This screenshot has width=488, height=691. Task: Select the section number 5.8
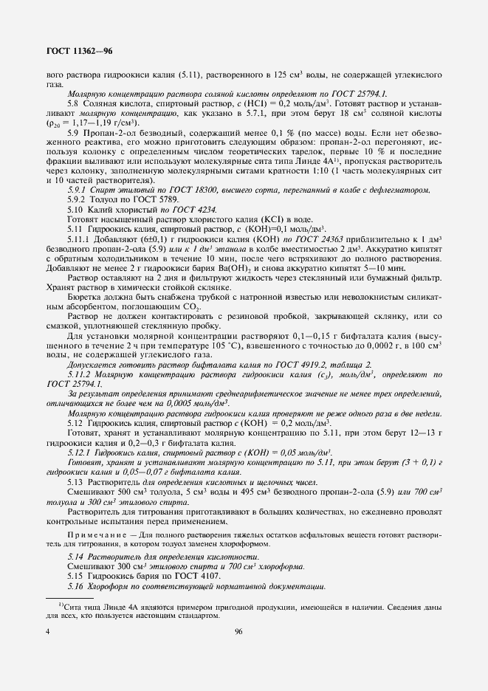pyautogui.click(x=74, y=105)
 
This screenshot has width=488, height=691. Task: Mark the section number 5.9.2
pyautogui.click(x=79, y=199)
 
